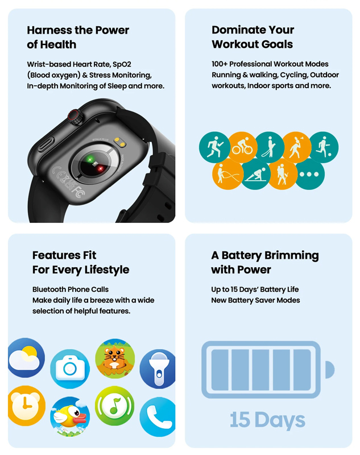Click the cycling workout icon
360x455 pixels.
coord(241,147)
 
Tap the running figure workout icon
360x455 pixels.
coord(214,147)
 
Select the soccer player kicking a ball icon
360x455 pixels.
coord(324,147)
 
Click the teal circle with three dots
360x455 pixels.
coord(310,175)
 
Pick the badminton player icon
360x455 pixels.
coord(296,147)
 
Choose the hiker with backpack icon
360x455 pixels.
coord(283,175)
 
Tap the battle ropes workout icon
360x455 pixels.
coord(227,175)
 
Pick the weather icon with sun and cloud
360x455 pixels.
coord(26,357)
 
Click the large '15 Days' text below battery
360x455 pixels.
coord(267,420)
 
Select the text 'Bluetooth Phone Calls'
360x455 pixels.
coord(71,289)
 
